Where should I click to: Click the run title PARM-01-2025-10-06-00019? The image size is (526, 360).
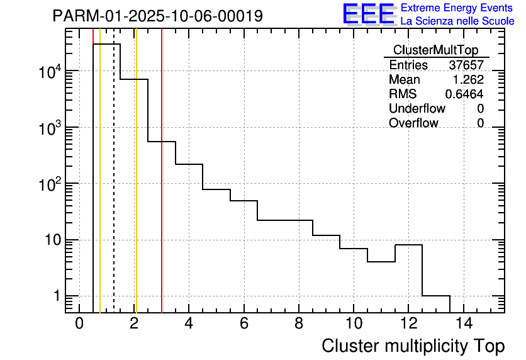click(x=158, y=16)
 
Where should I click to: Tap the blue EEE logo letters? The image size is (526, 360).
click(x=368, y=14)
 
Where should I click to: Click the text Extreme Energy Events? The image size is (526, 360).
click(x=457, y=8)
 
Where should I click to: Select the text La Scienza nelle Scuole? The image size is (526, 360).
click(x=457, y=21)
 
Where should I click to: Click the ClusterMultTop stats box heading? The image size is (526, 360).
click(x=435, y=50)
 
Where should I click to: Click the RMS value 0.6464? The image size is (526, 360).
click(x=464, y=94)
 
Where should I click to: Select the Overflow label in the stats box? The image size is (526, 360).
click(x=413, y=123)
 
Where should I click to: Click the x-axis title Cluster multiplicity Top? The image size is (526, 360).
click(x=413, y=346)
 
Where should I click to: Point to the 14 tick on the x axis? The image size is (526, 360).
click(x=463, y=324)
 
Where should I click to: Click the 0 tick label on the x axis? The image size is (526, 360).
click(x=79, y=324)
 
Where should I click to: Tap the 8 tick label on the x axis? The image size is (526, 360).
click(x=299, y=324)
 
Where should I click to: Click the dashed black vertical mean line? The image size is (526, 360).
click(x=114, y=189)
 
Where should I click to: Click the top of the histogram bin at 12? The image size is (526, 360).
click(x=408, y=245)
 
